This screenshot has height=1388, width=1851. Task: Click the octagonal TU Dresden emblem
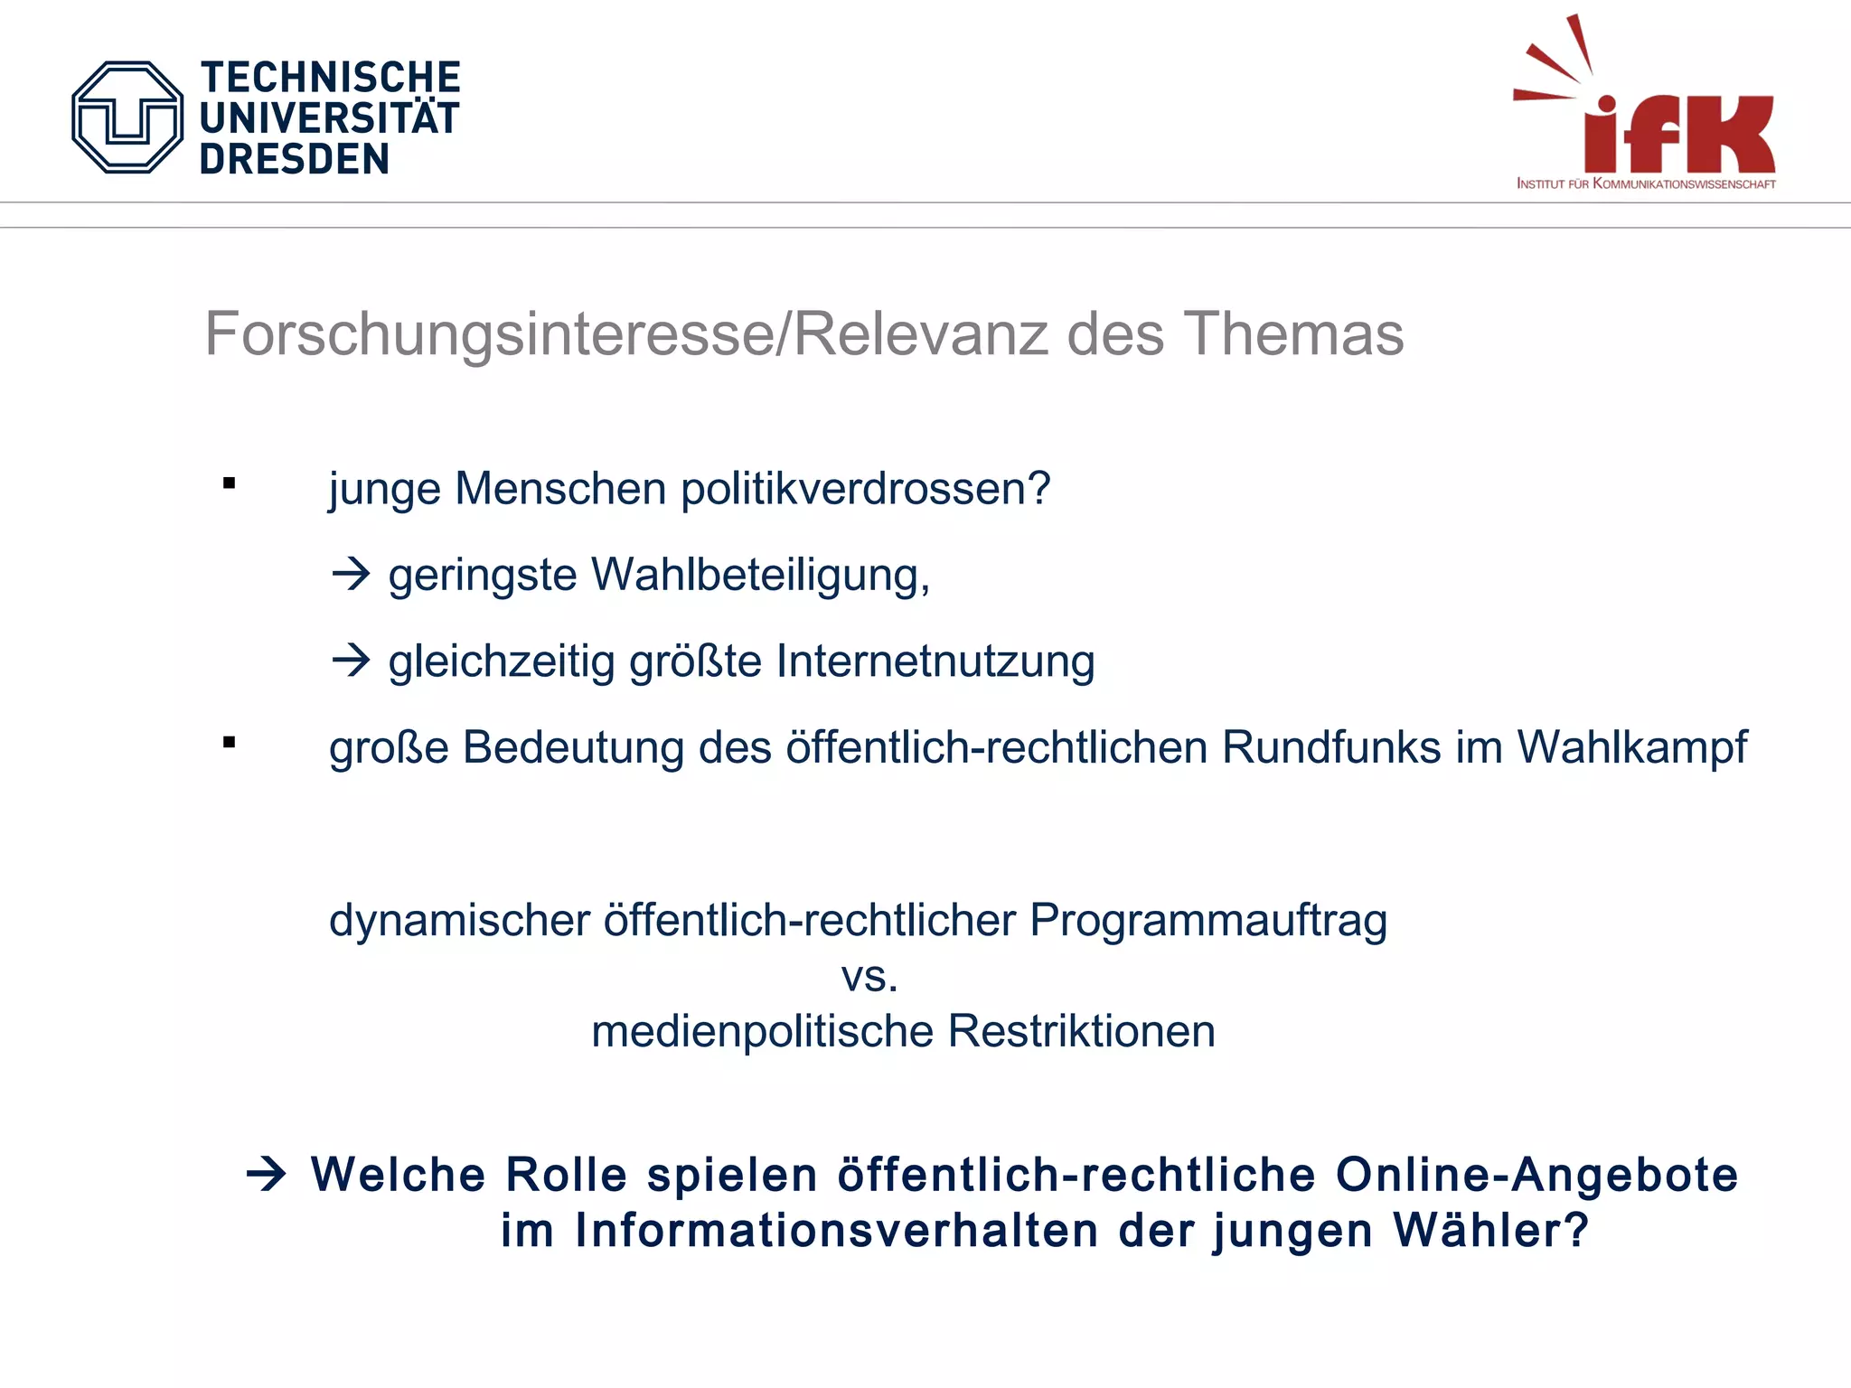127,117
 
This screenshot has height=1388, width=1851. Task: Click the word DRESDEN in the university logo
295,160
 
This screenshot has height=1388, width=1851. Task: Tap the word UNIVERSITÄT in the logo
330,118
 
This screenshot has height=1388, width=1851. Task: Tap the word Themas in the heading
1293,334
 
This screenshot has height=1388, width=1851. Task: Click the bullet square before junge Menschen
230,483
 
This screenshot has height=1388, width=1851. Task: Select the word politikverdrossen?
865,489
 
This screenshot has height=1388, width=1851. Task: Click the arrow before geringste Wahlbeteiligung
351,574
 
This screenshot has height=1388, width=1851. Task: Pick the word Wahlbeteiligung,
760,576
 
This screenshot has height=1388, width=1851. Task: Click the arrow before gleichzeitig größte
351,661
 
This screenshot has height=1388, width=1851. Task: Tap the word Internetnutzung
935,661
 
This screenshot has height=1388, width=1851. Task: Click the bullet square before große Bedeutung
230,743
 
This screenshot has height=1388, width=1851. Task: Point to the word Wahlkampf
1631,748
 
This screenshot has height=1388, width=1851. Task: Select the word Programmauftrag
1208,921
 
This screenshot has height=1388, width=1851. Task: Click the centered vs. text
869,977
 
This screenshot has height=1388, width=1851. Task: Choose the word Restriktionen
1082,1032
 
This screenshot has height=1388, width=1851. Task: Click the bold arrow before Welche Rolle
267,1175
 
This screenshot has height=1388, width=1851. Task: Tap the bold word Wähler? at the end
1490,1231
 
